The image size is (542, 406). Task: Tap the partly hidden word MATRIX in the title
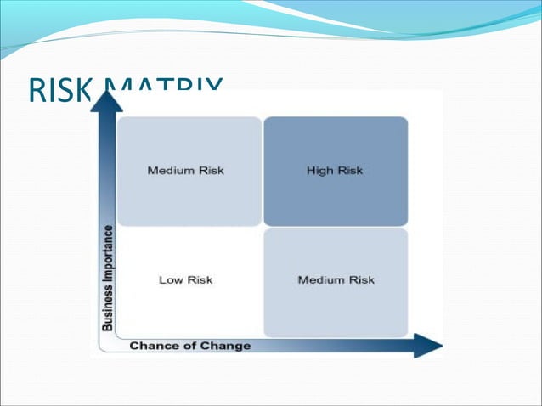(x=161, y=84)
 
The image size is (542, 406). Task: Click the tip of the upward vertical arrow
(x=108, y=93)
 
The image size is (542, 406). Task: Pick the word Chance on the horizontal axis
(x=151, y=346)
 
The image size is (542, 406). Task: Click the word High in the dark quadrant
(x=319, y=171)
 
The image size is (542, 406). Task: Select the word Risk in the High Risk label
(x=349, y=171)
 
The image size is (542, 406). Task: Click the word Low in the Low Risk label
(x=171, y=279)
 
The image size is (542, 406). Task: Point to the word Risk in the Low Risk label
(x=199, y=279)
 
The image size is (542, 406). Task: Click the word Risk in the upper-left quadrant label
(x=211, y=171)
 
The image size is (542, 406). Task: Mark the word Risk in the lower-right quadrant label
(x=361, y=279)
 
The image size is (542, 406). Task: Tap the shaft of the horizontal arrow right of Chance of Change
(x=340, y=346)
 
